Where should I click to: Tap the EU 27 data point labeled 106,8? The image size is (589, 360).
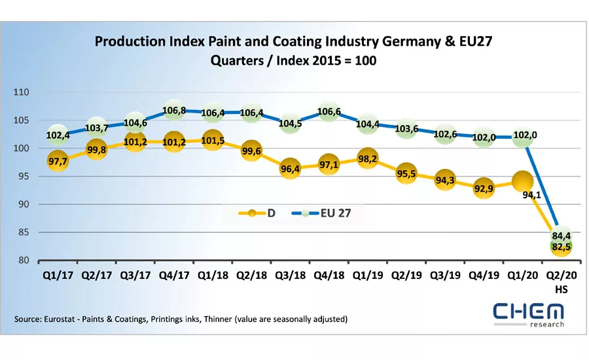click(x=174, y=111)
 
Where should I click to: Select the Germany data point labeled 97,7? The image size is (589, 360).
click(x=56, y=161)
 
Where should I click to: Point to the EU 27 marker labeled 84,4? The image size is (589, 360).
click(x=562, y=236)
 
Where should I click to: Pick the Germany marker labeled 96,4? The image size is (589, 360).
click(x=290, y=169)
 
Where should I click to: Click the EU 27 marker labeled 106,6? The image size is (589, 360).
click(x=329, y=112)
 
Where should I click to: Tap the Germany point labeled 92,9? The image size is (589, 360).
click(x=484, y=189)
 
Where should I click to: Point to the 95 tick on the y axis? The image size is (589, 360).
click(x=24, y=177)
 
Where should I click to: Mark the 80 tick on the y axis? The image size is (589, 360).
click(x=24, y=261)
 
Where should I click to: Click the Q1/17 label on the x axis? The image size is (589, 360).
click(x=57, y=276)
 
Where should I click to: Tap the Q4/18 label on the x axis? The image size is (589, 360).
click(x=329, y=276)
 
